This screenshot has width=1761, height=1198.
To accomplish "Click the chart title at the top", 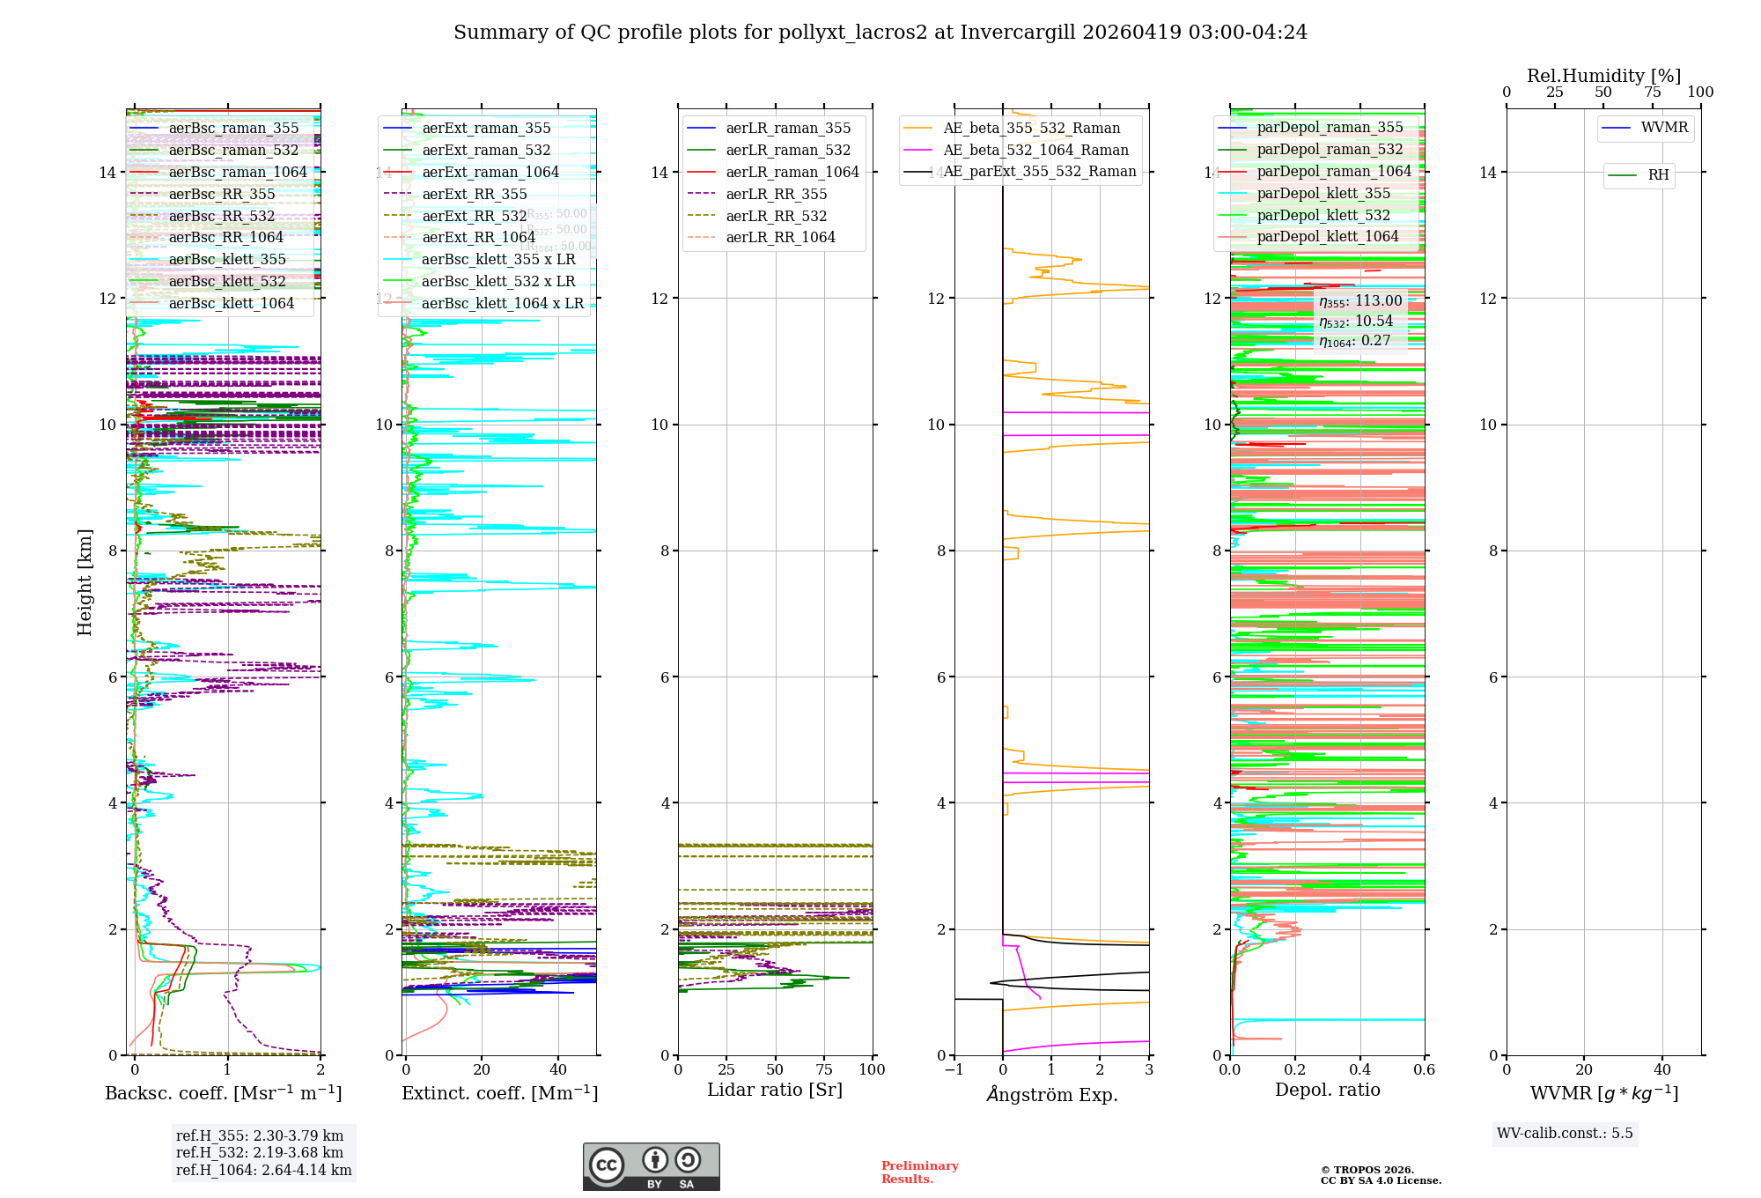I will [x=880, y=33].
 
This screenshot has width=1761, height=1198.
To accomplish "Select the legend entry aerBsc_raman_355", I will [x=233, y=129].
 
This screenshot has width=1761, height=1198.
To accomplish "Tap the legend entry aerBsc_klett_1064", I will [x=231, y=304].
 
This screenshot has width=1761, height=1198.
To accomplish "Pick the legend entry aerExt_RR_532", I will [x=474, y=217].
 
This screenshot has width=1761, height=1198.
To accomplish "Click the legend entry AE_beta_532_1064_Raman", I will [x=1035, y=151].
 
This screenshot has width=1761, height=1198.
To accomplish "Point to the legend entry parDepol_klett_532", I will [x=1323, y=216].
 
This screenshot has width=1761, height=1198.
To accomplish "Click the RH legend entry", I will [x=1658, y=175].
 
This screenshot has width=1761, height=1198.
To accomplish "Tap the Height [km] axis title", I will [x=85, y=581].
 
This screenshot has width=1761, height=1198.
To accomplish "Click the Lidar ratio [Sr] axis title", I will [x=775, y=1091].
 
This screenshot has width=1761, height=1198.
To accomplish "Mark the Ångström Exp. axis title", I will [x=1052, y=1095].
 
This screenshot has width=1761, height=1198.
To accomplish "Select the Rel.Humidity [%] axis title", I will [x=1603, y=76].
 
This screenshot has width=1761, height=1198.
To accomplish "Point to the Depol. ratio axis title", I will [x=1328, y=1091].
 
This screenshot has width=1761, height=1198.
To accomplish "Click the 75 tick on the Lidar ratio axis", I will [x=824, y=1070].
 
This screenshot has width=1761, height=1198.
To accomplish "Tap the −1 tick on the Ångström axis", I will [x=954, y=1070].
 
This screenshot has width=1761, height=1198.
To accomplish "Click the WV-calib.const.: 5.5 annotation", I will [x=1565, y=1134].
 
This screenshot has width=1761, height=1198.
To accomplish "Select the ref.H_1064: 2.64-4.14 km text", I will [x=263, y=1171].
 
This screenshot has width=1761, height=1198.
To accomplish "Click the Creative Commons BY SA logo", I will [x=651, y=1166].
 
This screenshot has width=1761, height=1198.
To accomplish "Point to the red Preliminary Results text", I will [x=919, y=1172].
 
